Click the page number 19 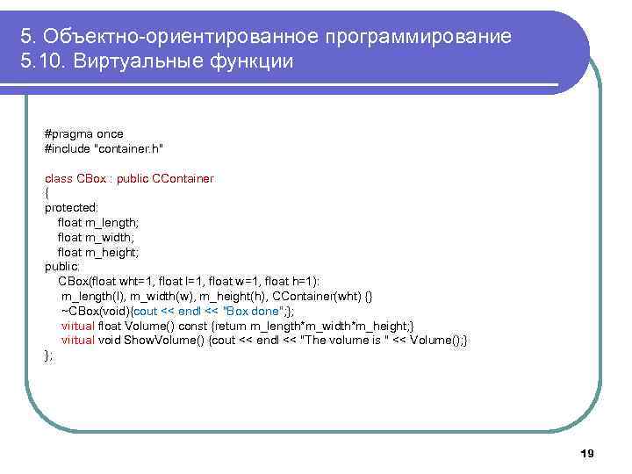click(x=587, y=453)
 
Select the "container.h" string click(x=131, y=148)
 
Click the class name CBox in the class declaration click(x=91, y=178)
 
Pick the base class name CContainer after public click(x=183, y=178)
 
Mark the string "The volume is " click(x=344, y=340)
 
